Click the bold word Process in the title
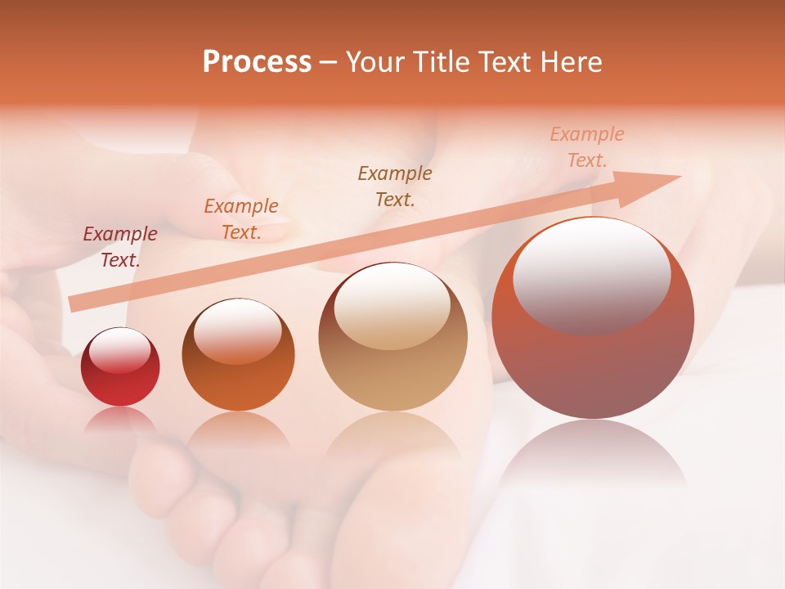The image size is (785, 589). (257, 61)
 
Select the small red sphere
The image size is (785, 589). (120, 367)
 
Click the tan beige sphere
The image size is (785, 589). (392, 336)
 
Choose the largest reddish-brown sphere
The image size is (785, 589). (593, 318)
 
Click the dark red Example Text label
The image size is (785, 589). (120, 246)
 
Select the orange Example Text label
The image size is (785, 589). (241, 218)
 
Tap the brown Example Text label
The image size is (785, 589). (395, 186)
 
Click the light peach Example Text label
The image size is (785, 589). (587, 147)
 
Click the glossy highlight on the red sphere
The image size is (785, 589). (120, 350)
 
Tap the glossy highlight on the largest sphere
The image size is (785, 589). (591, 275)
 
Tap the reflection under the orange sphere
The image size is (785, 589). (238, 429)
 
